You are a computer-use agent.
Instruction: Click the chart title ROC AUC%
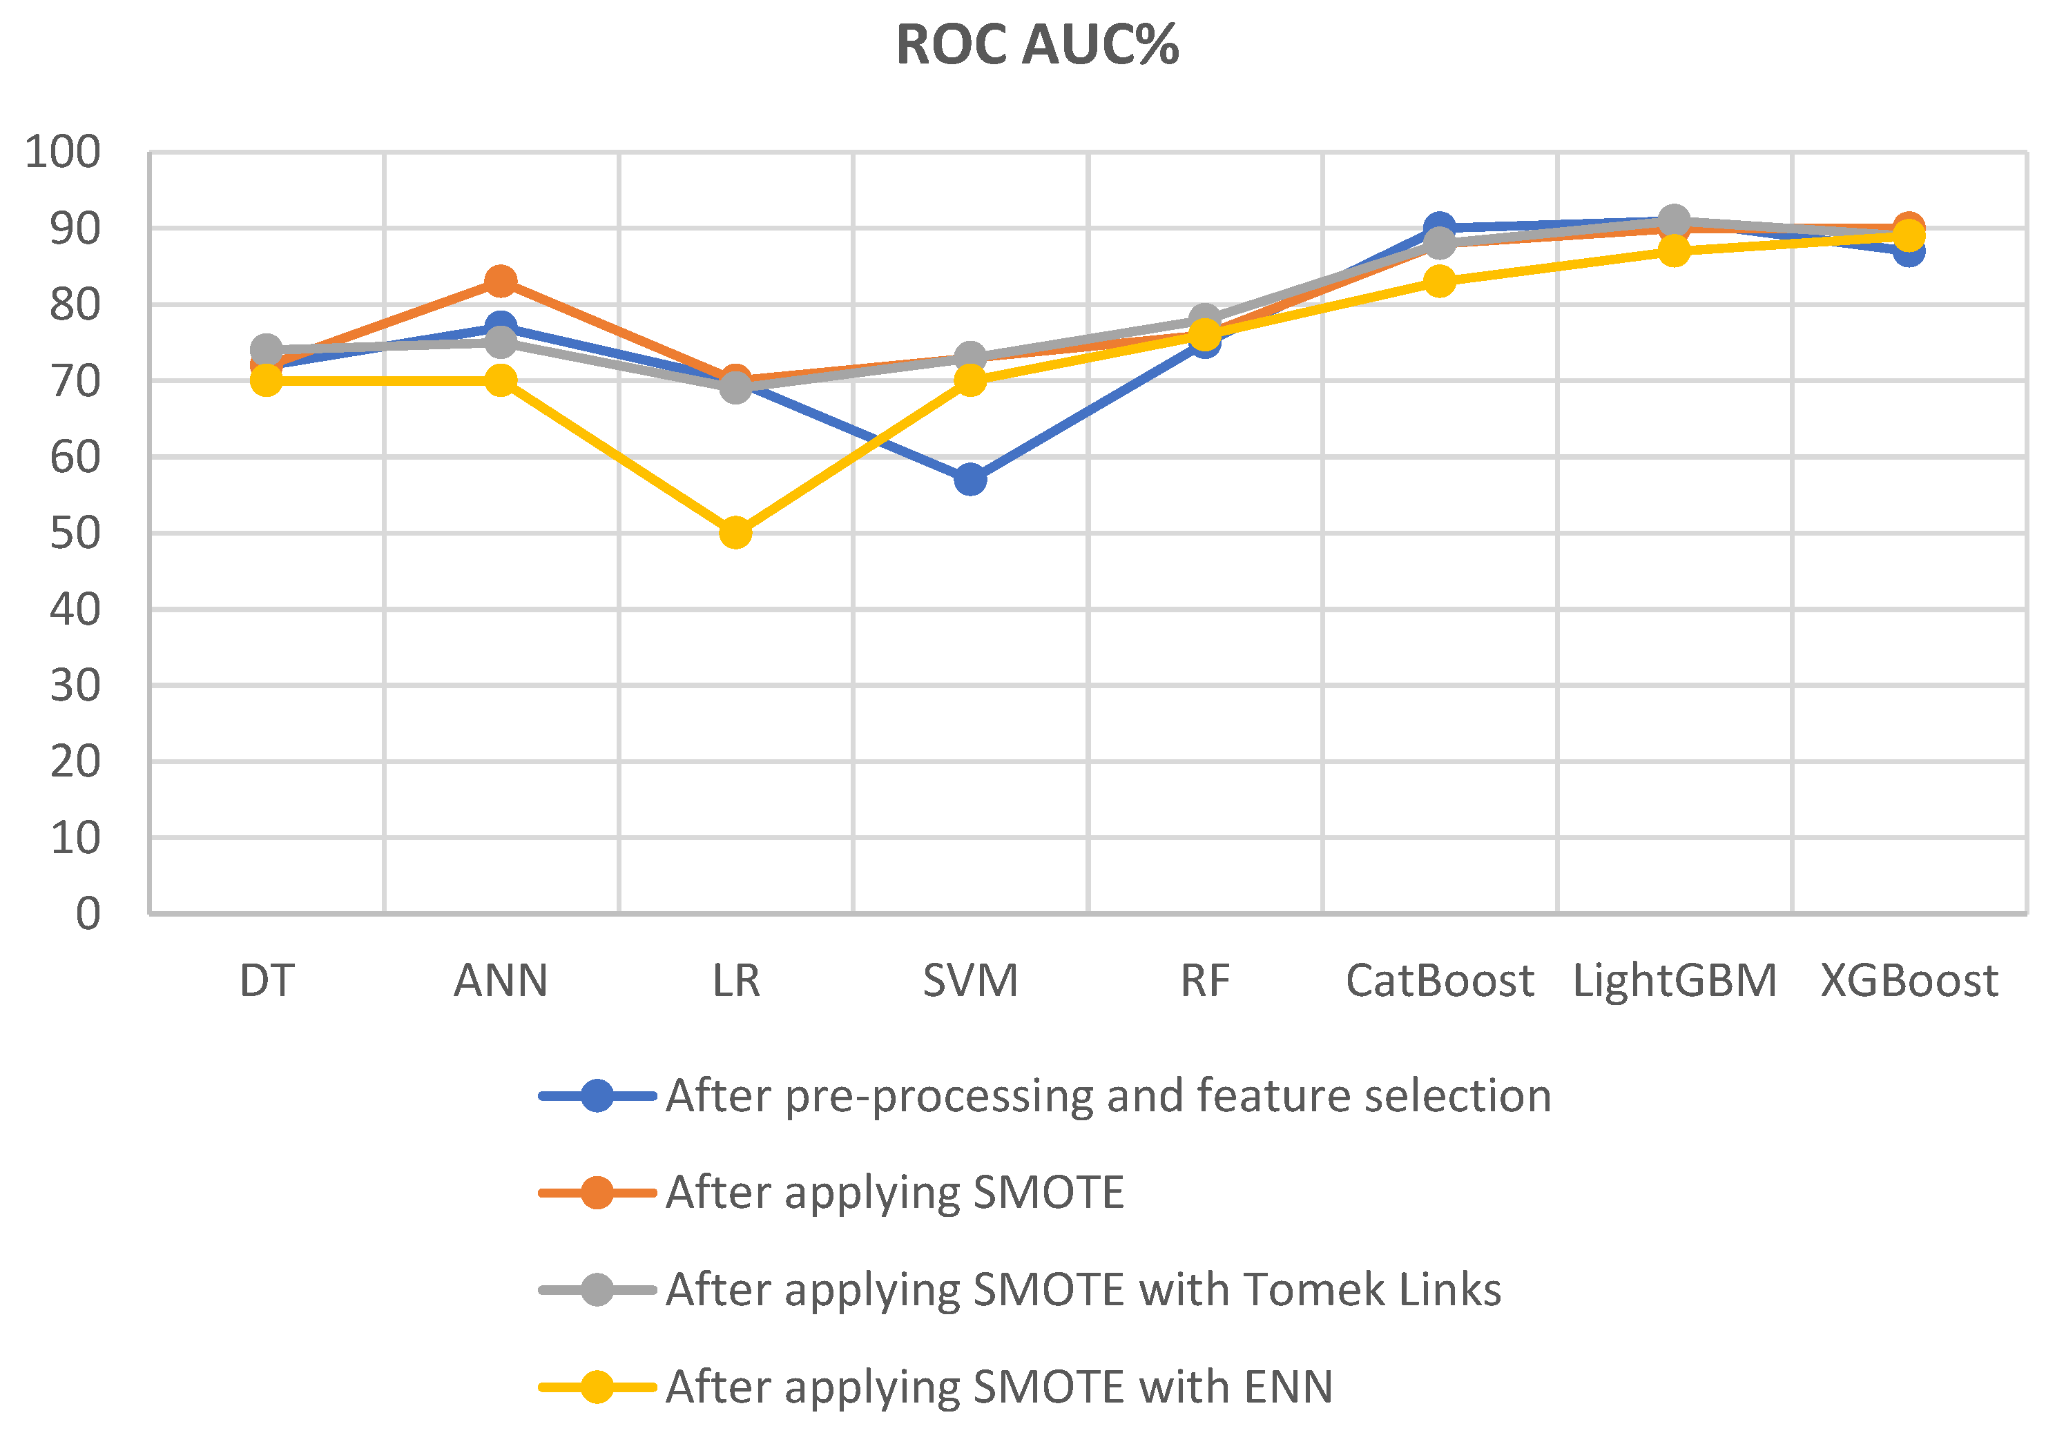[x=1036, y=45]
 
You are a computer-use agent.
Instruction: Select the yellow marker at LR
[x=735, y=532]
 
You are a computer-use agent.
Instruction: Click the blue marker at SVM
[x=970, y=480]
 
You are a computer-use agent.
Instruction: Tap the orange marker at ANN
[x=501, y=281]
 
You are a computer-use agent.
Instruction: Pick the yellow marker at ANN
[x=501, y=380]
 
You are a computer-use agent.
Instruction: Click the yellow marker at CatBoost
[x=1439, y=281]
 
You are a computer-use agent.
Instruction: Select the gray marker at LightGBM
[x=1674, y=219]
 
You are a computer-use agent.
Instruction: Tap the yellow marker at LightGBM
[x=1674, y=251]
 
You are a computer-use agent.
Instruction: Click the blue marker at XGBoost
[x=1908, y=251]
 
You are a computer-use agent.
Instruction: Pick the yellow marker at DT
[x=266, y=380]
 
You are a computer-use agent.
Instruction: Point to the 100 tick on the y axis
[x=63, y=152]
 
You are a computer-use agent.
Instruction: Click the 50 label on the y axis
[x=75, y=533]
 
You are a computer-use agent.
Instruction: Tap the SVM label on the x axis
[x=970, y=981]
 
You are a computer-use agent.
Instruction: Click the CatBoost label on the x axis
[x=1439, y=981]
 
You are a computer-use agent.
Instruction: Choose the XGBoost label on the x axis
[x=1908, y=981]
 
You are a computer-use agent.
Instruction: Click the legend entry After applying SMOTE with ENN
[x=999, y=1387]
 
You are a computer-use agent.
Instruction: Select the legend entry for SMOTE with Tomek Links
[x=1083, y=1289]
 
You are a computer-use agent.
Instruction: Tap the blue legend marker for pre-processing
[x=597, y=1095]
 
